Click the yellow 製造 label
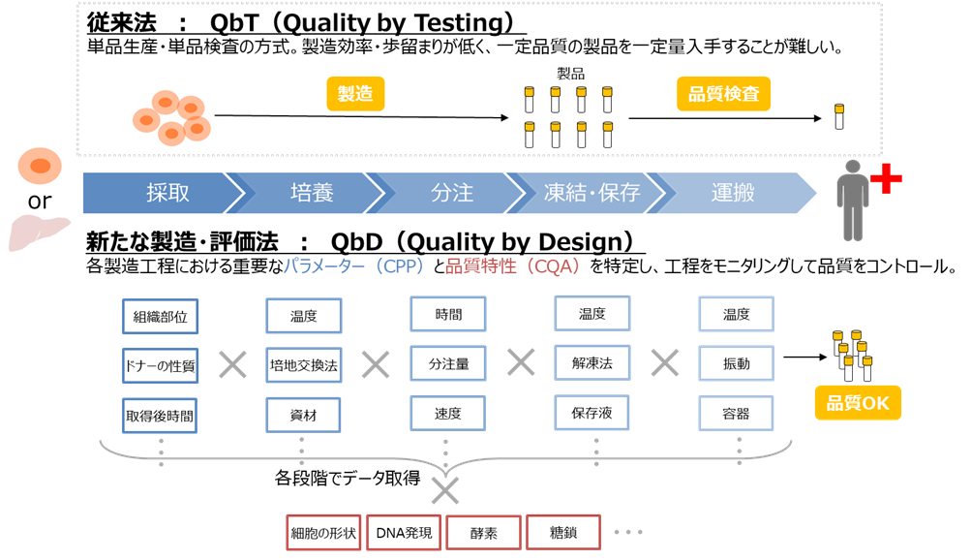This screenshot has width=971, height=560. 355,94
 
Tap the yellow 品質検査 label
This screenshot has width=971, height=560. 723,94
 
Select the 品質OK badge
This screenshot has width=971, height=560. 858,403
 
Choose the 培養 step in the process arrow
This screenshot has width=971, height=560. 312,193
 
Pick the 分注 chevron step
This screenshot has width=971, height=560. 452,193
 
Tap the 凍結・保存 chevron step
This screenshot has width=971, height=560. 592,193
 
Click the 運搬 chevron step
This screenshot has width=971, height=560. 733,193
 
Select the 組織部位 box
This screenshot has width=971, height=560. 160,317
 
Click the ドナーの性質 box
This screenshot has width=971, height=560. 160,366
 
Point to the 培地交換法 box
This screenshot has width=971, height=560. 303,365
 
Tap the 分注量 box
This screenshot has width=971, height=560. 448,363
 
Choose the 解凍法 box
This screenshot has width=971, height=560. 592,363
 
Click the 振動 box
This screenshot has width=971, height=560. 737,363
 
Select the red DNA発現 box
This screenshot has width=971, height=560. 404,533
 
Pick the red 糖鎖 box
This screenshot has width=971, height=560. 562,533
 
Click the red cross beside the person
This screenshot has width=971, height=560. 886,179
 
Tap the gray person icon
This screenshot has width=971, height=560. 853,201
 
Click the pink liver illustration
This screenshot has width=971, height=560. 39,232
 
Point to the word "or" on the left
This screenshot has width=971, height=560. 40,201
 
